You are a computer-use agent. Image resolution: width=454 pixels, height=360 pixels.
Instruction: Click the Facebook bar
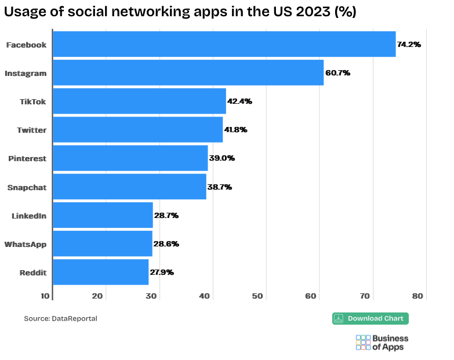pos(224,44)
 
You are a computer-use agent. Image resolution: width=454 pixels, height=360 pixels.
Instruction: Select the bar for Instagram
pos(188,72)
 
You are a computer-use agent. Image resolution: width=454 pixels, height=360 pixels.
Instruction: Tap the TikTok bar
pos(139,101)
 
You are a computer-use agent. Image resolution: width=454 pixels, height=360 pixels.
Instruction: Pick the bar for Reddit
pos(100,272)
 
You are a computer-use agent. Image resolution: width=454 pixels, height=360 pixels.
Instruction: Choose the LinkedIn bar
pos(103,215)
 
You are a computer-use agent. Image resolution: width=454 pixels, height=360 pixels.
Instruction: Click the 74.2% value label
pos(409,44)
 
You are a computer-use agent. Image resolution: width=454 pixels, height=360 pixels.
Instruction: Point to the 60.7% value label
pos(337,72)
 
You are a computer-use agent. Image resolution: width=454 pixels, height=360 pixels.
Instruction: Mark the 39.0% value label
pos(221,158)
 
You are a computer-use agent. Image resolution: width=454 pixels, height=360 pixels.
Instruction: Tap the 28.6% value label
pos(165,243)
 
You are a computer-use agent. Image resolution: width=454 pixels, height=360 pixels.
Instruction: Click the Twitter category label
pos(32,130)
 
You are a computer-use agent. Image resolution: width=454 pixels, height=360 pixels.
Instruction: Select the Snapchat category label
pos(27,187)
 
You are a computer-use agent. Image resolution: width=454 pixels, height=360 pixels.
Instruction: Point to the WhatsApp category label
pos(26,243)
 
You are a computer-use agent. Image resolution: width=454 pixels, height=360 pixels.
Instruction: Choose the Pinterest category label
pos(27,158)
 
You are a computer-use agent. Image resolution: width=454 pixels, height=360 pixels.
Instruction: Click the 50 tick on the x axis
pos(257,296)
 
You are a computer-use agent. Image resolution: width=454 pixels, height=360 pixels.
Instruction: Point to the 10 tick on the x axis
pos(45,296)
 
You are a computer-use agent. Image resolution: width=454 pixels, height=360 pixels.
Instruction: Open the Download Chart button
pos(371,318)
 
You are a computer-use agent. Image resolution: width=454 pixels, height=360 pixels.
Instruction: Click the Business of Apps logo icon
pos(363,342)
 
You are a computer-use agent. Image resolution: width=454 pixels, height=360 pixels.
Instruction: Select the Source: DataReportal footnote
pos(60,318)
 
